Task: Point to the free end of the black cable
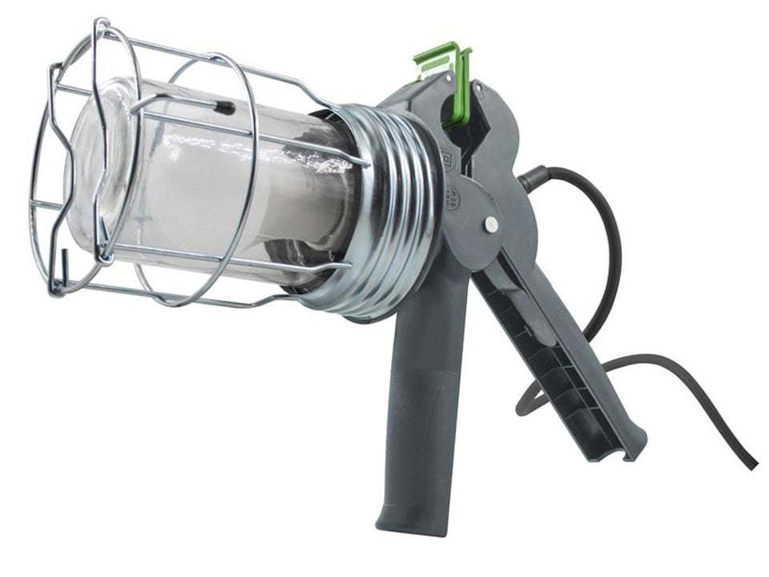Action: click(x=751, y=465)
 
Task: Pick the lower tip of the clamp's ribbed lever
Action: click(x=633, y=449)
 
